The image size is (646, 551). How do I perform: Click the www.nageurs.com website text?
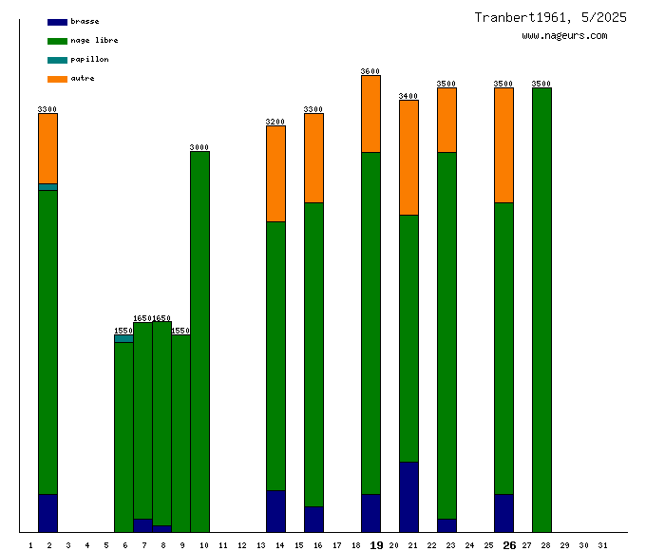(x=564, y=36)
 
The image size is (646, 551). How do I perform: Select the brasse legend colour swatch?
(x=57, y=22)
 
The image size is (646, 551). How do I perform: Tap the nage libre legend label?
(x=94, y=41)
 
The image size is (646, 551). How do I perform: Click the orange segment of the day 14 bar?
(x=275, y=173)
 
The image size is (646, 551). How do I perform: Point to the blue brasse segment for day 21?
(x=408, y=496)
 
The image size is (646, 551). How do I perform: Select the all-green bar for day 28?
(x=541, y=309)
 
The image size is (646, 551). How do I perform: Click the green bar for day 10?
(x=199, y=342)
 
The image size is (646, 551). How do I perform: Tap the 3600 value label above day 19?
(x=370, y=71)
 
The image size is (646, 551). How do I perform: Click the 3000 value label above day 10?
(x=199, y=147)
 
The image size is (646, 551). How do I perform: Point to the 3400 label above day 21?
(x=408, y=96)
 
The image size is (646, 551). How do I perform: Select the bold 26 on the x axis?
(x=509, y=545)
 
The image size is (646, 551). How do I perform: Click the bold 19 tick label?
(x=376, y=545)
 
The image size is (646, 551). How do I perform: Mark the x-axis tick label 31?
(x=602, y=545)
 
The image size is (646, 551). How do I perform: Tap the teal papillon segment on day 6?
(x=123, y=338)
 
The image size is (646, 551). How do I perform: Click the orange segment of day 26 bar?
(x=503, y=144)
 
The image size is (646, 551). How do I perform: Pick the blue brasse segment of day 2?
(x=47, y=513)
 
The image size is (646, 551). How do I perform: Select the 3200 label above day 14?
(x=275, y=122)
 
